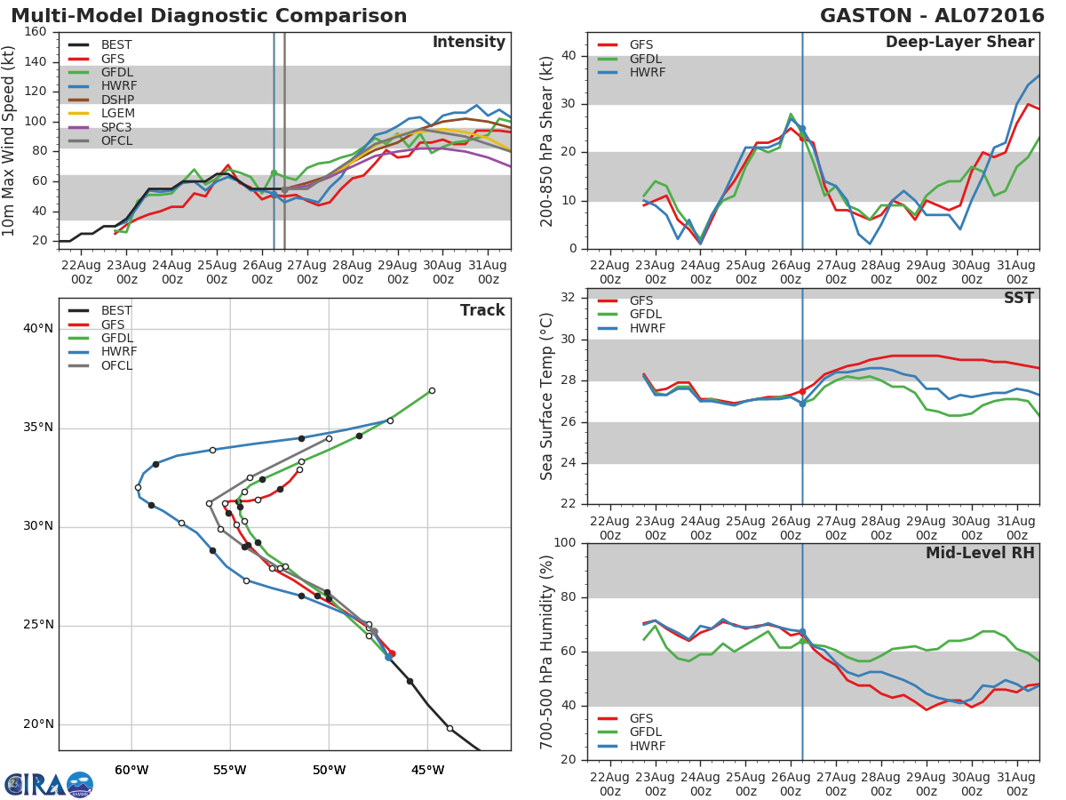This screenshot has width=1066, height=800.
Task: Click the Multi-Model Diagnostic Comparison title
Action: (x=209, y=16)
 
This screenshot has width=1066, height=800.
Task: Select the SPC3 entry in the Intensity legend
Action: (x=116, y=127)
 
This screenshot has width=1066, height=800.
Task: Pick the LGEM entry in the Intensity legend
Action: (x=116, y=114)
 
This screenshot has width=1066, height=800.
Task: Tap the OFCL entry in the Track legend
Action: (x=116, y=365)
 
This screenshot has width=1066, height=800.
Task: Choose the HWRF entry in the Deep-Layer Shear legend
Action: (x=647, y=73)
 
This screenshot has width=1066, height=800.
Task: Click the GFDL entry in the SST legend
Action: (x=647, y=315)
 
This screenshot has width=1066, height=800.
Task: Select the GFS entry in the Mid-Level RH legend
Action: (x=647, y=718)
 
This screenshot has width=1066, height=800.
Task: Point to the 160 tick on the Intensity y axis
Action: (x=36, y=32)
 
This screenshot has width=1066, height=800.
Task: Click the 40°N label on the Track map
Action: (x=38, y=329)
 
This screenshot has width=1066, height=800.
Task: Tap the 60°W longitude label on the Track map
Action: (x=131, y=770)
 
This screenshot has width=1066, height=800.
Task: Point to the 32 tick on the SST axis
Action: (x=569, y=298)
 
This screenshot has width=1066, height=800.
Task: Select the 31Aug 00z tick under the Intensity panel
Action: (x=488, y=272)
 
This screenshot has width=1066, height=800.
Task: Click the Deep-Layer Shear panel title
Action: (x=959, y=43)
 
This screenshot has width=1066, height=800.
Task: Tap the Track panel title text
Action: (x=482, y=310)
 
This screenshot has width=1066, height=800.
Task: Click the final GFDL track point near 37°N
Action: (x=432, y=390)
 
